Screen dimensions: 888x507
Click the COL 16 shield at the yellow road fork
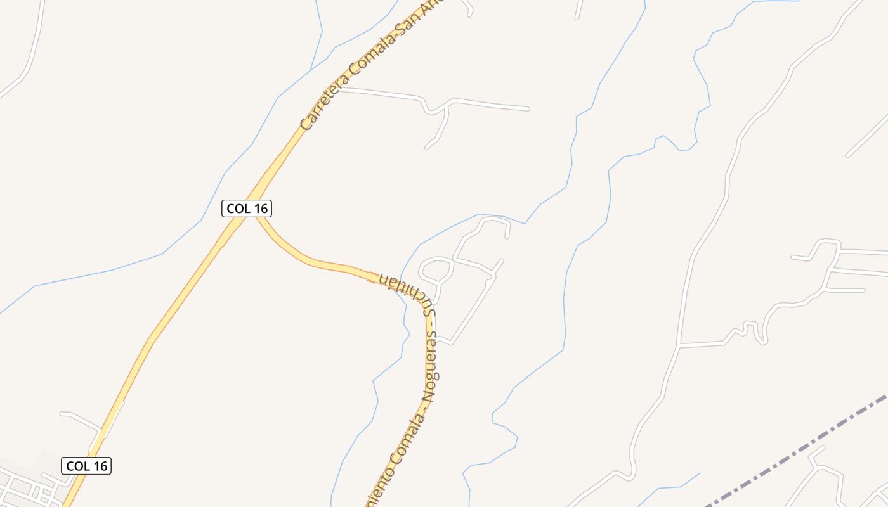(247, 208)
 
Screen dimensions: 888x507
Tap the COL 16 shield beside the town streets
(87, 466)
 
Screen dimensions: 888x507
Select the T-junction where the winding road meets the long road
(679, 346)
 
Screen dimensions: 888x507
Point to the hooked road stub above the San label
(468, 8)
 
